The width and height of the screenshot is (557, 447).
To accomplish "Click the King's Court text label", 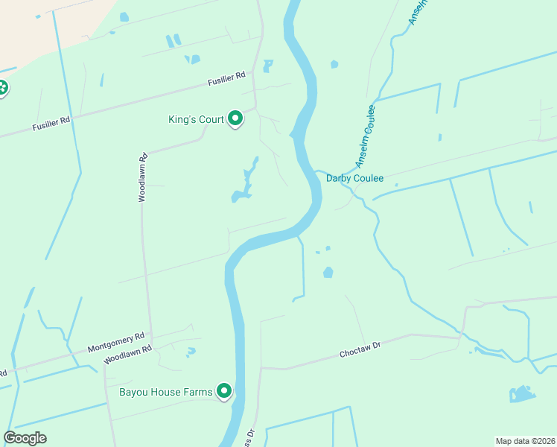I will pyautogui.click(x=197, y=119).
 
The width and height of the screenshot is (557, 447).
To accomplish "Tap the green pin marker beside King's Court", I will pyautogui.click(x=235, y=118).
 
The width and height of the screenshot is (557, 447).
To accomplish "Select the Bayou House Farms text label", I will pyautogui.click(x=166, y=391).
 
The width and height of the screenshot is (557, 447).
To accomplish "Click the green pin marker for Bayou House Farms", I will pyautogui.click(x=223, y=390).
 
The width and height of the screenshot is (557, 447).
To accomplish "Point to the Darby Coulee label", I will pyautogui.click(x=354, y=179).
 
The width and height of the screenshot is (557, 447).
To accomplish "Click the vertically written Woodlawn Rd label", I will pyautogui.click(x=142, y=177).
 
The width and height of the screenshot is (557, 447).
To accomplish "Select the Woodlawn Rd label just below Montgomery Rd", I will pyautogui.click(x=128, y=353).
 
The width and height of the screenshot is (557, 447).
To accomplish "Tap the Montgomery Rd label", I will pyautogui.click(x=115, y=343).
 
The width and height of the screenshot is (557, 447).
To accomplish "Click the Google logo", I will pyautogui.click(x=25, y=438).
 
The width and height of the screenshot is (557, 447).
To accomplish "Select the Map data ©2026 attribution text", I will pyautogui.click(x=525, y=441).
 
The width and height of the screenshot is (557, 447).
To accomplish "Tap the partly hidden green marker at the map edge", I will pyautogui.click(x=2, y=88).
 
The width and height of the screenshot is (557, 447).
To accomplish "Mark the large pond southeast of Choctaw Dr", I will pyautogui.click(x=522, y=394).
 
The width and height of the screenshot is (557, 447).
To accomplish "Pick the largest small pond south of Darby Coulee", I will pyautogui.click(x=328, y=273).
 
